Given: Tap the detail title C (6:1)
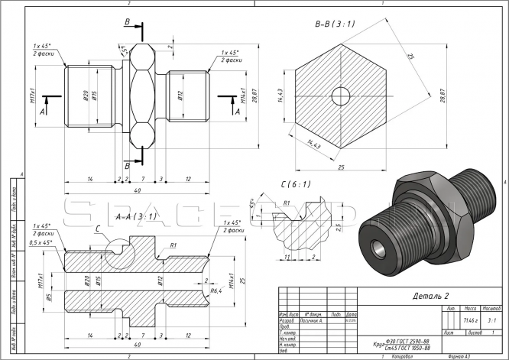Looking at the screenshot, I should point(293,185).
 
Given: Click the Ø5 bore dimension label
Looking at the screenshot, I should point(47,297).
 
